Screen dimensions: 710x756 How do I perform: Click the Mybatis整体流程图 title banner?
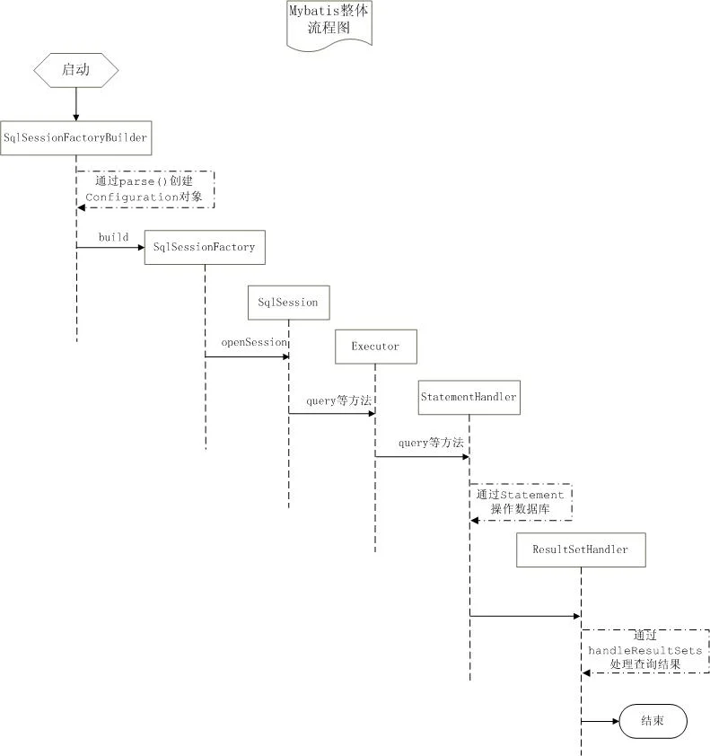(329, 24)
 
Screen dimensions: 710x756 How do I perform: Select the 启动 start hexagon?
(76, 70)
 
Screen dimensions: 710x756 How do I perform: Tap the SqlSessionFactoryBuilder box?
(76, 138)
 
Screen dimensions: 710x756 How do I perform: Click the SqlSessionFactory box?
(205, 247)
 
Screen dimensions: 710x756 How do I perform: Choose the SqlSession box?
(289, 303)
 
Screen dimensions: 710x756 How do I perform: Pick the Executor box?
(376, 347)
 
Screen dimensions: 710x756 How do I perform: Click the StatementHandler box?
(469, 397)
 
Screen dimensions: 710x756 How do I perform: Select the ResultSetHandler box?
(581, 549)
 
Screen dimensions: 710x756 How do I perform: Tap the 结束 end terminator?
(653, 721)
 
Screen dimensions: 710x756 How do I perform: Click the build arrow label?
(114, 237)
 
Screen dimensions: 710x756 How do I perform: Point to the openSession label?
(254, 342)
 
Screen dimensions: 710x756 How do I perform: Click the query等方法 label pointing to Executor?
(339, 400)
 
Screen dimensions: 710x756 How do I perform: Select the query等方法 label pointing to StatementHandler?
(431, 443)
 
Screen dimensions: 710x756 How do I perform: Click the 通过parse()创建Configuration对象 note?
(145, 189)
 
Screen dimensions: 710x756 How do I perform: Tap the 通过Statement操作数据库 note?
(521, 502)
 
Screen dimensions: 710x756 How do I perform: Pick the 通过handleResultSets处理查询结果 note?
(645, 651)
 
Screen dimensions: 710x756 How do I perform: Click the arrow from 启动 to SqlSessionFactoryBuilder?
(76, 104)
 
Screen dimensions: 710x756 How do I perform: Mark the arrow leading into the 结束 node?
(600, 721)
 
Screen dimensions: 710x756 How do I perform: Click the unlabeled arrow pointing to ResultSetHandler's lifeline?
(525, 616)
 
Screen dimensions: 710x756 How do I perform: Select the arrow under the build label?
(110, 247)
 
